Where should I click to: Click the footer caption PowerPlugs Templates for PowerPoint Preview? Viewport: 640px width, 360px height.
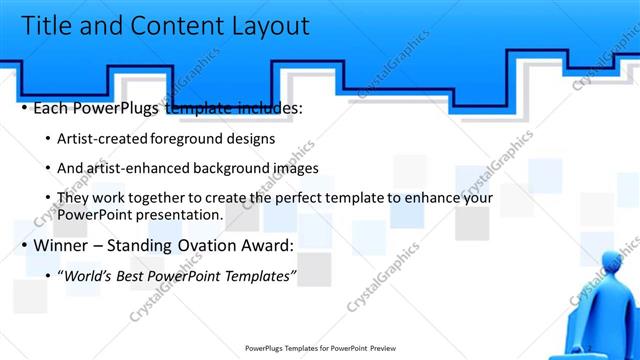pyautogui.click(x=319, y=349)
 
